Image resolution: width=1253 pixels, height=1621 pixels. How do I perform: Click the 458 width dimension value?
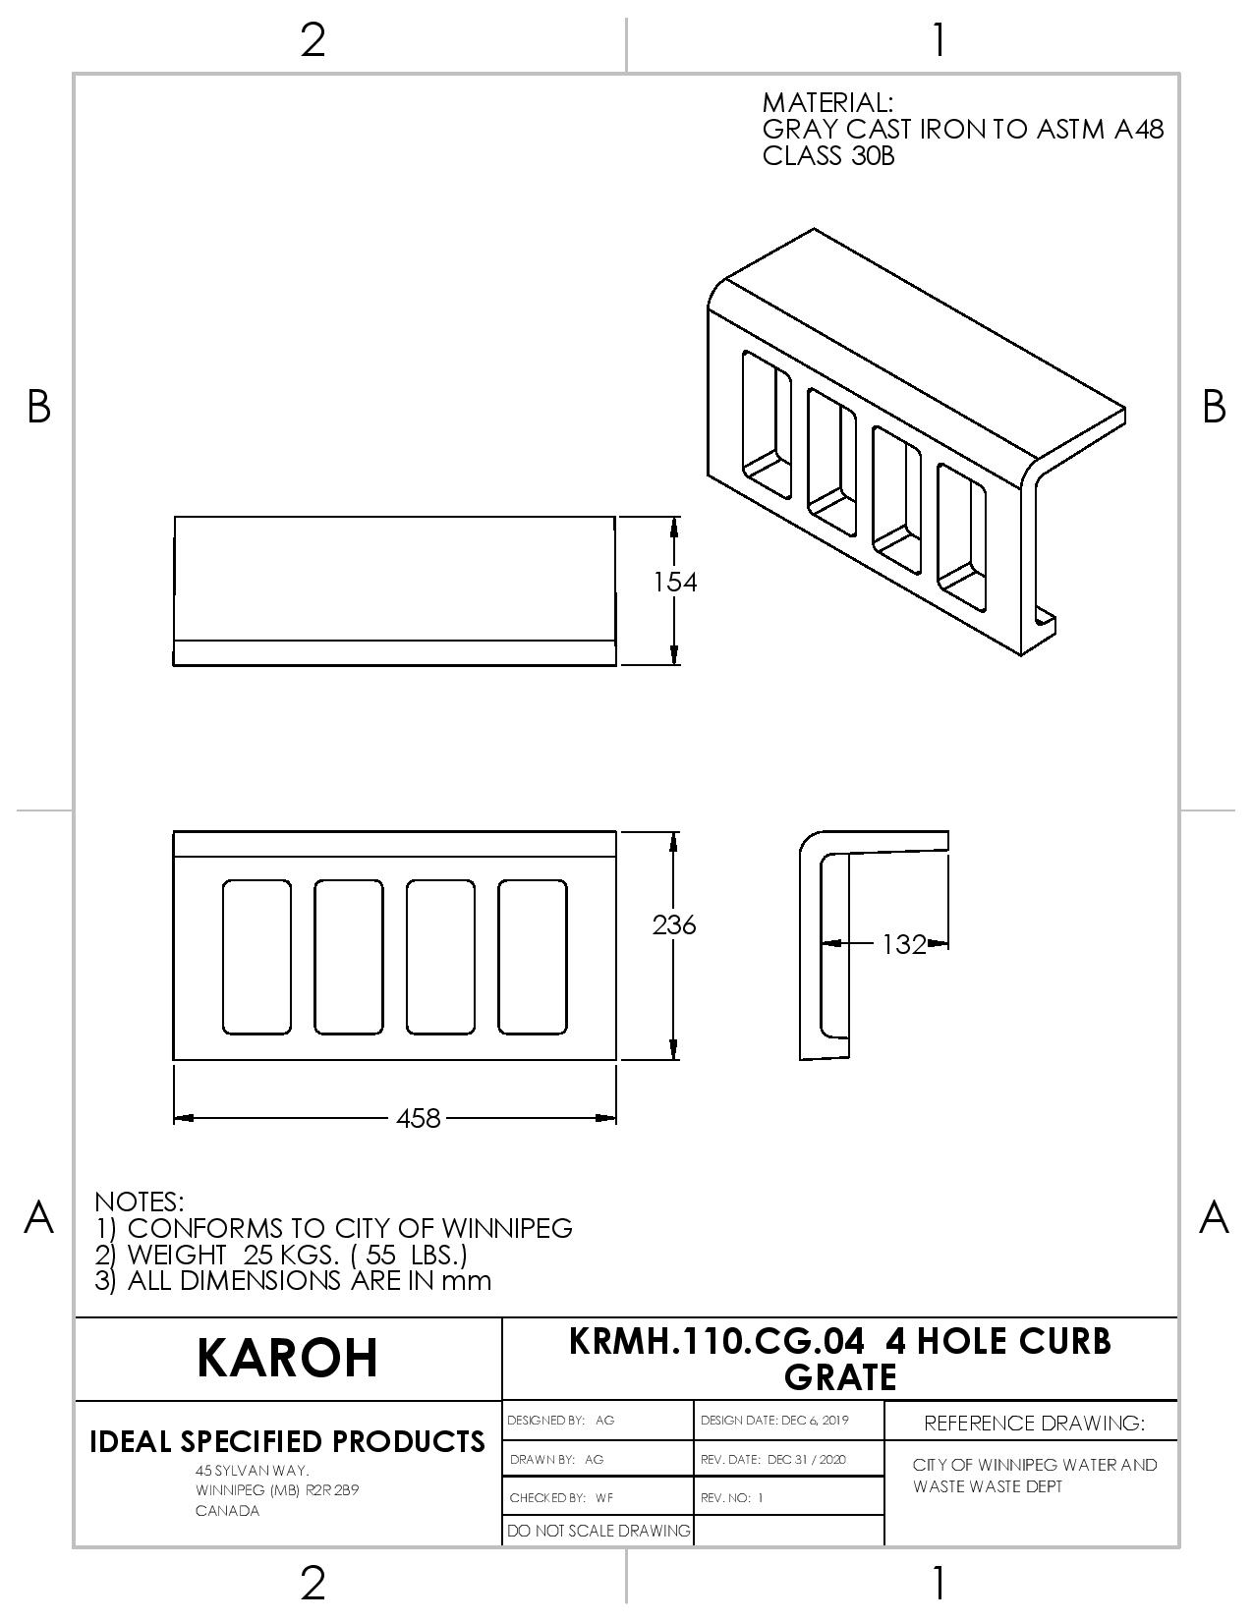(x=418, y=1118)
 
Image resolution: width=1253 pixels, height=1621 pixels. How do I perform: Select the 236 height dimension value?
(x=674, y=925)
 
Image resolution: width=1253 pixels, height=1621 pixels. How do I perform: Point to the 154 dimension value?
(x=674, y=582)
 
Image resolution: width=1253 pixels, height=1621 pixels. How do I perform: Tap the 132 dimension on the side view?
(x=904, y=944)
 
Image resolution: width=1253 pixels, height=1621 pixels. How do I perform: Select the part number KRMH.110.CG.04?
(x=716, y=1341)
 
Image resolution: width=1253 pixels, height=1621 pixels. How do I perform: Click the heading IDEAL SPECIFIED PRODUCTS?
(x=287, y=1442)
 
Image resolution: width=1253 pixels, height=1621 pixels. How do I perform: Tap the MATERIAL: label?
(x=826, y=102)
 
